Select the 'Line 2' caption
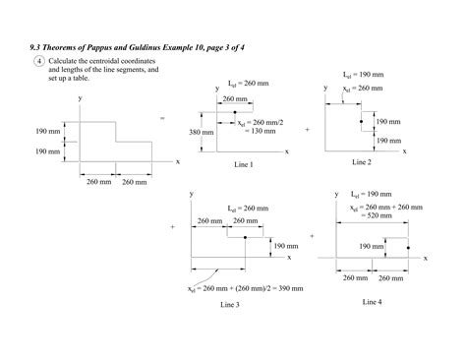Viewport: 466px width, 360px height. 361,161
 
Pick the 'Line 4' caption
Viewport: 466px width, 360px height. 371,300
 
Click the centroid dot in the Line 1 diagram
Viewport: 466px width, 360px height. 234,113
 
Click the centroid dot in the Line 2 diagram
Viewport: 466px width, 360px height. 362,124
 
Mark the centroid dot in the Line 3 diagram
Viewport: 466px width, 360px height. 242,237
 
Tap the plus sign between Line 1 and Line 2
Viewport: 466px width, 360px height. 307,129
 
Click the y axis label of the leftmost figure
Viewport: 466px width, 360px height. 81,99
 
